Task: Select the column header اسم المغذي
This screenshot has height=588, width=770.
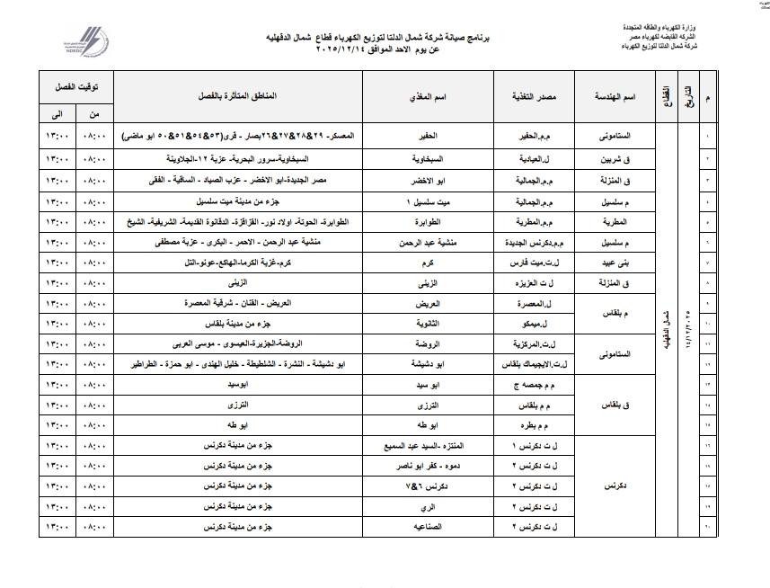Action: click(429, 95)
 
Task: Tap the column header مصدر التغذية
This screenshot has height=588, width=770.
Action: click(532, 95)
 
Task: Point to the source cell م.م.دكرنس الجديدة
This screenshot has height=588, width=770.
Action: click(530, 242)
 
